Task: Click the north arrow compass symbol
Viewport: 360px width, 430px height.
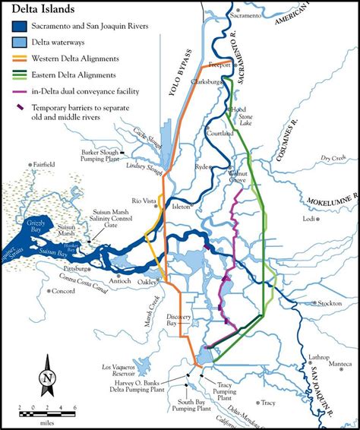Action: point(47,378)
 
